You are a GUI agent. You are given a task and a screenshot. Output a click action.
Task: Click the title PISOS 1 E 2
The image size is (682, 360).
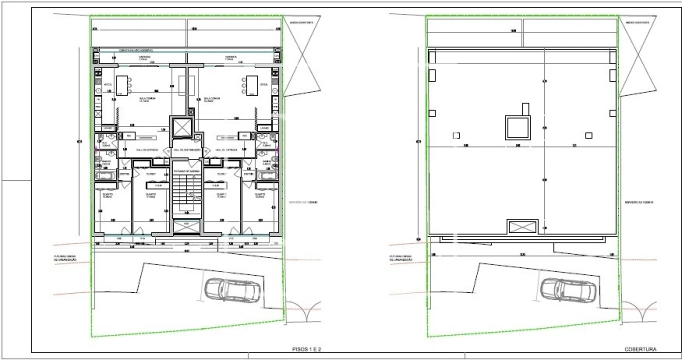tap(309, 349)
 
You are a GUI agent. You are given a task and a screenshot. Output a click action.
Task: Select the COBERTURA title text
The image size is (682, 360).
tap(640, 349)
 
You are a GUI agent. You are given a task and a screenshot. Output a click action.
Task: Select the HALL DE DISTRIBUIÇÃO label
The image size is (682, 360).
tap(186, 150)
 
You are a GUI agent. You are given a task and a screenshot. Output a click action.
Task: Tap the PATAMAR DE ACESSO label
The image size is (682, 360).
tap(186, 171)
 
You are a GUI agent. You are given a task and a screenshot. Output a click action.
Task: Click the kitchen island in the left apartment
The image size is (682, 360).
tap(122, 85)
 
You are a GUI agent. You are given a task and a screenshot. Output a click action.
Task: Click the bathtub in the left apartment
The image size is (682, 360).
tap(105, 175)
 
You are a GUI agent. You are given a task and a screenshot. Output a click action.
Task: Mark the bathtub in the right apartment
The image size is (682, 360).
tap(267, 175)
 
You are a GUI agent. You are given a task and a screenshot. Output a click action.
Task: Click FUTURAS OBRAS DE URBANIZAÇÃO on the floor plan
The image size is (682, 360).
tap(65, 258)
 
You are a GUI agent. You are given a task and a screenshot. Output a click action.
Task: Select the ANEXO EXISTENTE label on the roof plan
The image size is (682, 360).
tap(636, 23)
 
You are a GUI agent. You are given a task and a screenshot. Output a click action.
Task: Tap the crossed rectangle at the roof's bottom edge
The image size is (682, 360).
tap(522, 226)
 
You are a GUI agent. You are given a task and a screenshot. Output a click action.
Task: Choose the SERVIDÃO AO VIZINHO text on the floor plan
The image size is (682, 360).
tap(303, 202)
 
